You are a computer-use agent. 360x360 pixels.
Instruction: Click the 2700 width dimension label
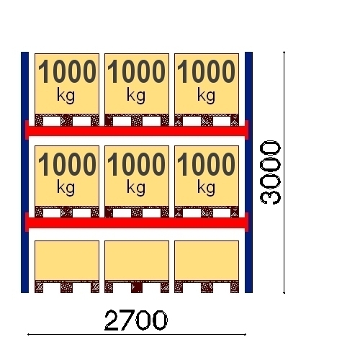coord(136,320)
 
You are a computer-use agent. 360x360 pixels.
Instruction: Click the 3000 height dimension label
coord(270,172)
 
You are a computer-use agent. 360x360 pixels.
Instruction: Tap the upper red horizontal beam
coord(137,131)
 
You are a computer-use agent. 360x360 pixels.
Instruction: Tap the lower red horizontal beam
coord(137,223)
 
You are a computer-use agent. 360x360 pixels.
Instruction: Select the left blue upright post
coord(24,172)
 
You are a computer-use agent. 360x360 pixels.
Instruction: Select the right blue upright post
coord(248,172)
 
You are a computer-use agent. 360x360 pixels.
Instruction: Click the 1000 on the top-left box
coord(67,71)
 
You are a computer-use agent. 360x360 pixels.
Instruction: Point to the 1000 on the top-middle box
coord(136,71)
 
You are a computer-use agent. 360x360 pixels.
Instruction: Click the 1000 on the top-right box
coord(206,71)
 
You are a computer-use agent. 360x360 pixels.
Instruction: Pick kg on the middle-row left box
coord(66,188)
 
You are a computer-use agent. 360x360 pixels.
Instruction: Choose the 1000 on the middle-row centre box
coord(136,163)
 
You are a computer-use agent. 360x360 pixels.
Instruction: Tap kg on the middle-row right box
coord(206,188)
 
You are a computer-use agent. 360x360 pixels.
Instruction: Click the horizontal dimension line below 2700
coord(137,334)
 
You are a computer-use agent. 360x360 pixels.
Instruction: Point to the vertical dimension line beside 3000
coord(284,172)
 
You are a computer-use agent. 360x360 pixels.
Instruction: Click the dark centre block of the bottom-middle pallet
coord(137,287)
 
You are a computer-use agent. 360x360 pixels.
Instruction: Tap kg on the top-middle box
coord(136,96)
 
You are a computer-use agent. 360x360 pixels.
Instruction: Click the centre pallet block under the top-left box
coord(66,121)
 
